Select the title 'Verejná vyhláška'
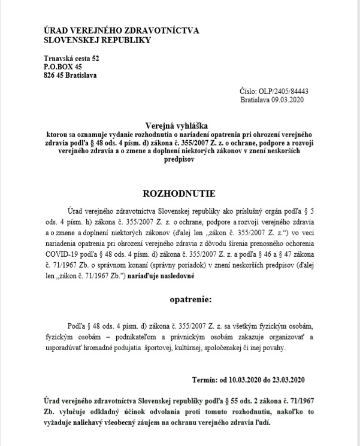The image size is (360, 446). (180, 126)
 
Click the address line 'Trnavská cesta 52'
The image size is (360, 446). (72, 58)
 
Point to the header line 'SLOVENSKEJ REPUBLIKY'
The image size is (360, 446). (98, 40)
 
